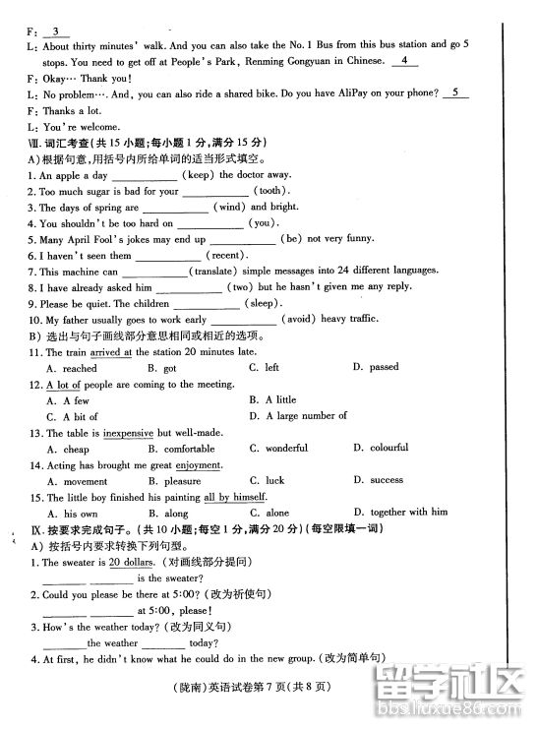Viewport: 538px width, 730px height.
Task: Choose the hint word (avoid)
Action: pos(299,320)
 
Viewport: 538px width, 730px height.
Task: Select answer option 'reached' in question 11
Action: pos(80,368)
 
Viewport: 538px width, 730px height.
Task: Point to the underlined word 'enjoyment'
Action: pos(202,465)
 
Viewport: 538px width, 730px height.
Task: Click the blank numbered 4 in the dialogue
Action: pos(404,61)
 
